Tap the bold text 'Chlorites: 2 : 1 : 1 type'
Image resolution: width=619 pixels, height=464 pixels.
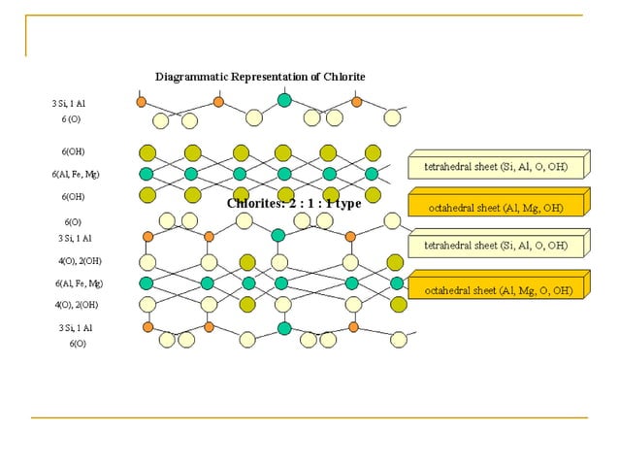point(294,204)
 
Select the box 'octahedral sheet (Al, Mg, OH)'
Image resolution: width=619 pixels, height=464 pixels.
point(496,207)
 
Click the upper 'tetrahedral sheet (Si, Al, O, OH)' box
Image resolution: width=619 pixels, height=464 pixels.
point(495,166)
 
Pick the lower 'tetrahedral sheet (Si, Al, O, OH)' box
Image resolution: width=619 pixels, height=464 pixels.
point(495,246)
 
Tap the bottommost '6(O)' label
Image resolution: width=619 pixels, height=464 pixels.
point(77,344)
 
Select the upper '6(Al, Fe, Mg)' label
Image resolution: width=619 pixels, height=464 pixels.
point(76,175)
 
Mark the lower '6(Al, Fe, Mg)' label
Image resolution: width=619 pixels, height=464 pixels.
point(79,283)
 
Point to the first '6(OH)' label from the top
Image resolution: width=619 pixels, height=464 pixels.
point(73,151)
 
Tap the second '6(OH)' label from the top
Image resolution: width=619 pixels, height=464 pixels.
point(73,197)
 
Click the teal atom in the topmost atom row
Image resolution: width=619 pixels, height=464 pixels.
point(284,99)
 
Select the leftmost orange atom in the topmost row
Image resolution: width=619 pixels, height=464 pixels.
point(142,101)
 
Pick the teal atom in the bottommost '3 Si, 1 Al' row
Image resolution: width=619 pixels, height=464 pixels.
point(284,328)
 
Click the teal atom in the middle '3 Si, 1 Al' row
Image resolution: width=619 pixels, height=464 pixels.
point(278,235)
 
